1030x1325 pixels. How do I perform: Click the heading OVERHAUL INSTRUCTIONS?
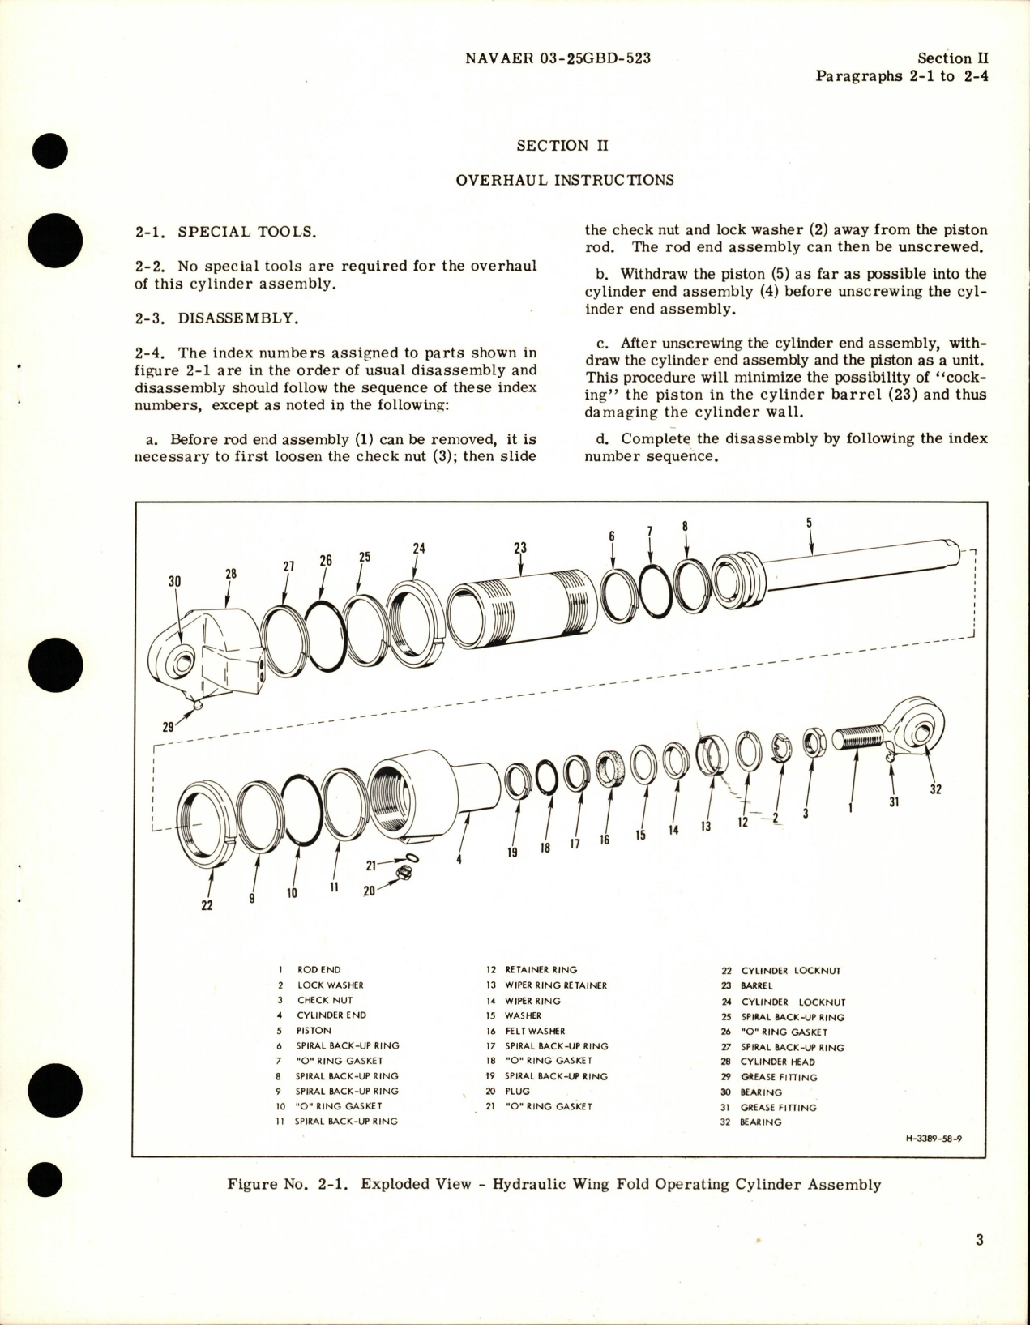pos(564,179)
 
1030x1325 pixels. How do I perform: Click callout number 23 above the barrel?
pos(520,548)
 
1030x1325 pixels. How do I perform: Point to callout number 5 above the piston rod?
pos(809,524)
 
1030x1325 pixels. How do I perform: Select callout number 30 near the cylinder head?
pos(175,581)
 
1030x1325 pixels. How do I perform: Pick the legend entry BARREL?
pos(757,985)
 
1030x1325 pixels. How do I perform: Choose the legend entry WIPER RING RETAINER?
pos(555,985)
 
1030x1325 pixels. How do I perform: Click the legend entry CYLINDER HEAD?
pos(778,1062)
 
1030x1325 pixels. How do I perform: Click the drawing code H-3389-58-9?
pos(934,1138)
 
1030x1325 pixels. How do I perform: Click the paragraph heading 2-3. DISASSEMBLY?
pos(216,318)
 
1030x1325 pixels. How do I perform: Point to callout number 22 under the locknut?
pos(207,905)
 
